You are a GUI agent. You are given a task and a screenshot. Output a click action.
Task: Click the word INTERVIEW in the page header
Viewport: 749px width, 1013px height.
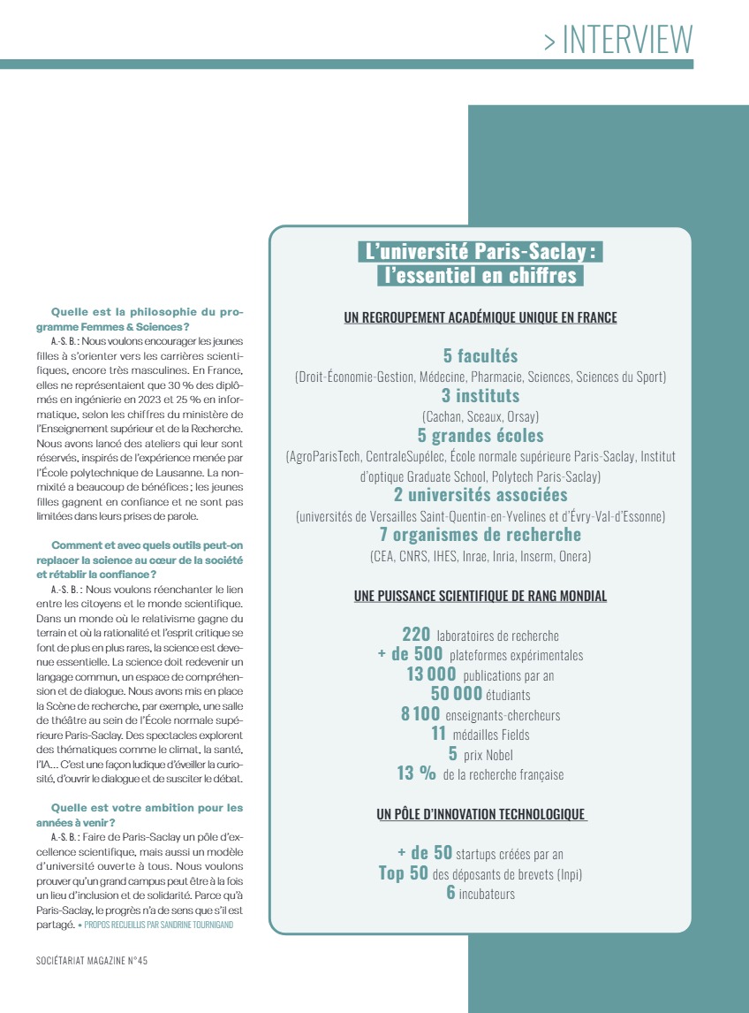(x=627, y=40)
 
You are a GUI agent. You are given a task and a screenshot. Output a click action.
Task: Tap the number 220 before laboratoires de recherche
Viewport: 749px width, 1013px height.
(x=416, y=635)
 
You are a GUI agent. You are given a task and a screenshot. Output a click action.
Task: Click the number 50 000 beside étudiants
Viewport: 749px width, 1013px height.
(x=456, y=694)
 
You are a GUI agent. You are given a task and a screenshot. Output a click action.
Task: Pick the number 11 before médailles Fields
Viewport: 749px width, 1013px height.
(x=439, y=734)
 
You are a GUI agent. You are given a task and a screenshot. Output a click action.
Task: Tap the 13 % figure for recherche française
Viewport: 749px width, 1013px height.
(x=416, y=774)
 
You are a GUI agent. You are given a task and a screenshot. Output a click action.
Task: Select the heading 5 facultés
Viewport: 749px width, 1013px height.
(x=480, y=356)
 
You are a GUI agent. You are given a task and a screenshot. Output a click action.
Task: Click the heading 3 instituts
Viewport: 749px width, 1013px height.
(x=480, y=396)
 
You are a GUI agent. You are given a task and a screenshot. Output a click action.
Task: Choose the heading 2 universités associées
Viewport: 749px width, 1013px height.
(x=480, y=495)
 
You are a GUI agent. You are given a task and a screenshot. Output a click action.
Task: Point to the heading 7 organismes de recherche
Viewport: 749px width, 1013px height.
(x=480, y=535)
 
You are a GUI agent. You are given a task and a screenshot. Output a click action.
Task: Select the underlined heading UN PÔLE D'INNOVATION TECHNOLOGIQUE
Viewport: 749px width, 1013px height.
(x=480, y=814)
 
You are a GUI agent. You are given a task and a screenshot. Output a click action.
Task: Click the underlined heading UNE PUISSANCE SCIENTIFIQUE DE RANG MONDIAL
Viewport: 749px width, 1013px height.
(x=480, y=597)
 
